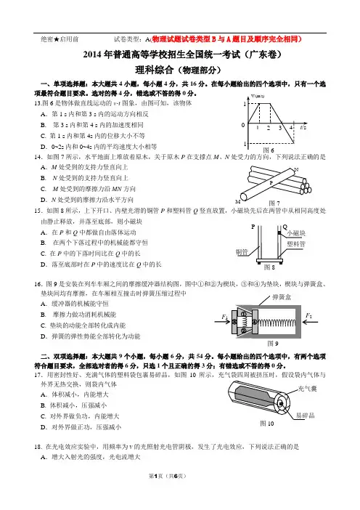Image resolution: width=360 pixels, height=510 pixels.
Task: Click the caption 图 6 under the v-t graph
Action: point(269,150)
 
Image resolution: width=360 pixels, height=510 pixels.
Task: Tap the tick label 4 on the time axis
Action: point(291,128)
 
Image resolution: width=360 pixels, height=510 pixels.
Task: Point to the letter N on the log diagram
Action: point(296,169)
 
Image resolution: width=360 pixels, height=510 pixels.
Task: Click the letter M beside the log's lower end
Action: point(237,202)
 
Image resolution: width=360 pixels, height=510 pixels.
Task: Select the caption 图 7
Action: point(274,203)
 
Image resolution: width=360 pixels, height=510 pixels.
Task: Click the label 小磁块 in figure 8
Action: point(296,233)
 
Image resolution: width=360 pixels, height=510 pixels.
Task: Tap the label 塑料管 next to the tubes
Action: point(296,244)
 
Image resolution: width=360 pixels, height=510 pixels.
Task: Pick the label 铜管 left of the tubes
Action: point(242,252)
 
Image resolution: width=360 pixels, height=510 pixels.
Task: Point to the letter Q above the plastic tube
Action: point(285,227)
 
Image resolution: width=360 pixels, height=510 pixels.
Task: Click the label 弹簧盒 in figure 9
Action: point(282,297)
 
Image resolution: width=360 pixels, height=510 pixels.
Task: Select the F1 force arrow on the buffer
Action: point(222,322)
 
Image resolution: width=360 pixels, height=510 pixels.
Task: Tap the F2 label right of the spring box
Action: point(308,315)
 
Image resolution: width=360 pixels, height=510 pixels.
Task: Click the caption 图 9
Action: point(273,344)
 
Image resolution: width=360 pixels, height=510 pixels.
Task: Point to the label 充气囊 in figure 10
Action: point(307,389)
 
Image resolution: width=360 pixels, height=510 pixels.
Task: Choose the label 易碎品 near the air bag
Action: point(305,416)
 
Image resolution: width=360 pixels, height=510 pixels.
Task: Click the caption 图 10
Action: point(267,424)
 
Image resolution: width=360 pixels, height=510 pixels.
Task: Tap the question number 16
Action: point(38,284)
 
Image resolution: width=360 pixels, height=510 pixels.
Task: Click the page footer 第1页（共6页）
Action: point(168,476)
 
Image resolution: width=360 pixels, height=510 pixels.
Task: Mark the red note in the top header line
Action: point(226,39)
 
